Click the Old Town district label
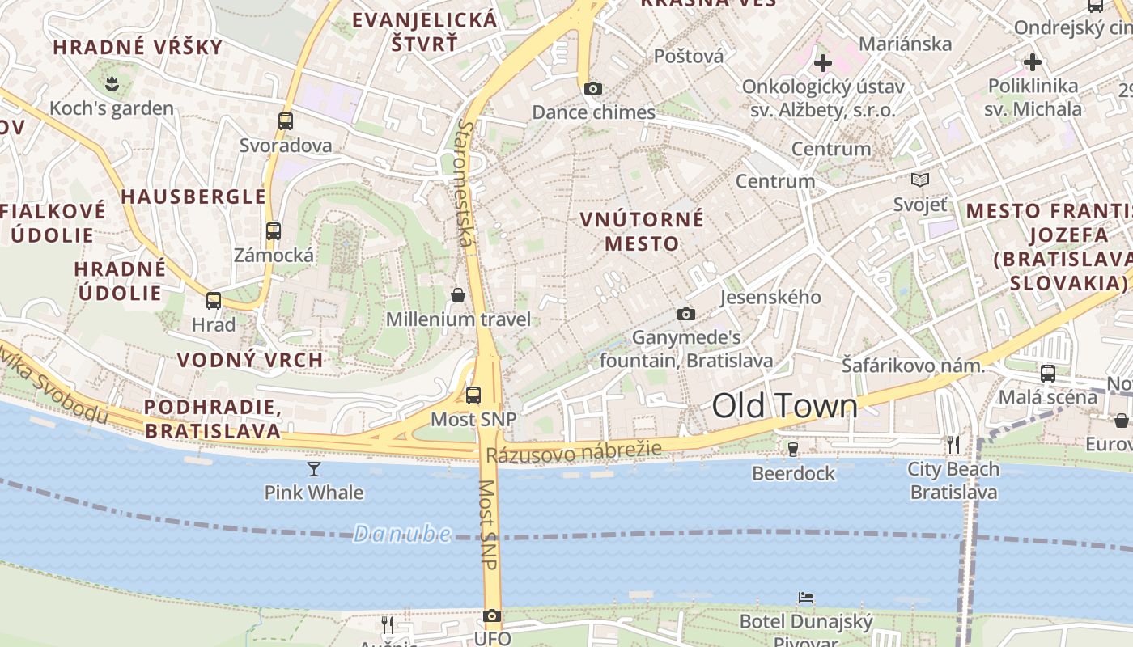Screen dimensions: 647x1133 pyautogui.click(x=784, y=406)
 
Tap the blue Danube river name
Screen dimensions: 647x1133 pyautogui.click(x=402, y=533)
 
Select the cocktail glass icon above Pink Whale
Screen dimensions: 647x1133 pyautogui.click(x=314, y=468)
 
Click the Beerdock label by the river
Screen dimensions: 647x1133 pyautogui.click(x=793, y=473)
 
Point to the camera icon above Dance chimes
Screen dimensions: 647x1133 pyautogui.click(x=593, y=88)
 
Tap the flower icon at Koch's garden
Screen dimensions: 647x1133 pyautogui.click(x=112, y=82)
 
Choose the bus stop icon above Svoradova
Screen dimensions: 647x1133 pyautogui.click(x=286, y=121)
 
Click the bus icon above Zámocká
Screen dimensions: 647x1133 pyautogui.click(x=274, y=230)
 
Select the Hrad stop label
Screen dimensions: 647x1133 pyautogui.click(x=214, y=325)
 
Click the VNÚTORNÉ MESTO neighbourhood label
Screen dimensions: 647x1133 pyautogui.click(x=642, y=231)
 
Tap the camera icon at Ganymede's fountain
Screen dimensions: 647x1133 pyautogui.click(x=686, y=314)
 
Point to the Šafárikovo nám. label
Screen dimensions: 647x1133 pyautogui.click(x=913, y=366)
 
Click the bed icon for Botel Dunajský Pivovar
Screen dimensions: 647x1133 pyautogui.click(x=806, y=598)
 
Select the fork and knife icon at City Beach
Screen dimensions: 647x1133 pyautogui.click(x=953, y=444)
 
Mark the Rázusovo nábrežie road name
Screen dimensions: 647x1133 pyautogui.click(x=574, y=451)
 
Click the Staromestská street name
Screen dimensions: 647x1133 pyautogui.click(x=466, y=183)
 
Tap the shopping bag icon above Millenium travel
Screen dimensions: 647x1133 pyautogui.click(x=458, y=295)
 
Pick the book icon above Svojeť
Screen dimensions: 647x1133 pyautogui.click(x=920, y=180)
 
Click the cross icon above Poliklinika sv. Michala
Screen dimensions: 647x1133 pyautogui.click(x=1033, y=61)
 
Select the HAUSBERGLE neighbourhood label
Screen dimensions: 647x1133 pyautogui.click(x=193, y=197)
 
